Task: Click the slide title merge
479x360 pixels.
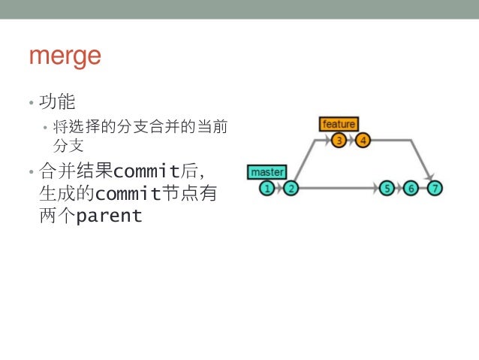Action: [65, 57]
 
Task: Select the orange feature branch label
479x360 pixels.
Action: [339, 124]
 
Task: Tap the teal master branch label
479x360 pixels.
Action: [267, 172]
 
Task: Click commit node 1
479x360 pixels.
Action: [267, 188]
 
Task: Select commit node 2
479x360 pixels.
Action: [291, 188]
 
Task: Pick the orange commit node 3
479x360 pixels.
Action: [339, 140]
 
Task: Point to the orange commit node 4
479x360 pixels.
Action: [363, 140]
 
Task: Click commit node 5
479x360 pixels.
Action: [387, 188]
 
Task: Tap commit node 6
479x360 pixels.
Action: [411, 188]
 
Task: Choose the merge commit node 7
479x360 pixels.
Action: [435, 188]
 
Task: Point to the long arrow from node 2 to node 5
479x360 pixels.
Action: [338, 188]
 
